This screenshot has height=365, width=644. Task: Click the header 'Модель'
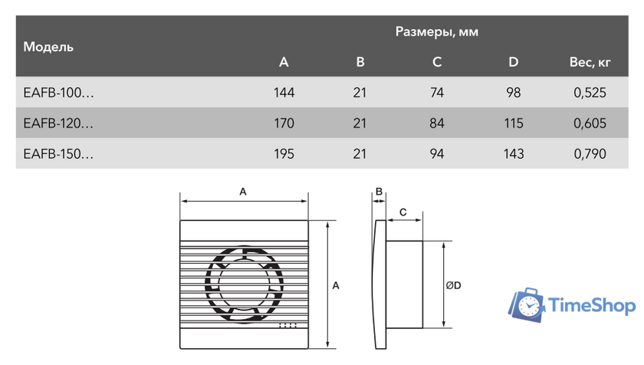pyautogui.click(x=48, y=47)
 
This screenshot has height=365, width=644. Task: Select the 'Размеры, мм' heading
pyautogui.click(x=437, y=32)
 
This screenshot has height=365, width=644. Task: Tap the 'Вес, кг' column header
pyautogui.click(x=589, y=62)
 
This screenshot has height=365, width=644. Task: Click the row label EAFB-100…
pyautogui.click(x=59, y=93)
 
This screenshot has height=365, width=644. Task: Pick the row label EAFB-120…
pyautogui.click(x=59, y=123)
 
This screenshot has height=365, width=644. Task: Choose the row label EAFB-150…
pyautogui.click(x=59, y=153)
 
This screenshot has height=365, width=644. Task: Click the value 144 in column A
pyautogui.click(x=284, y=93)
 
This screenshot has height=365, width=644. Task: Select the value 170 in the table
pyautogui.click(x=284, y=123)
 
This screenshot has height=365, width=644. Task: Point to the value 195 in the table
pyautogui.click(x=284, y=153)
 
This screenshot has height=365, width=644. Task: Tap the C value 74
pyautogui.click(x=437, y=93)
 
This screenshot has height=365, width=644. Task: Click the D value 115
pyautogui.click(x=514, y=123)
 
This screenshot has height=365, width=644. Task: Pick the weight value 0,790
pyautogui.click(x=589, y=153)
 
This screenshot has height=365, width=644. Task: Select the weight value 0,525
pyautogui.click(x=589, y=93)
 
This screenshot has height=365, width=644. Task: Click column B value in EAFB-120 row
pyautogui.click(x=360, y=123)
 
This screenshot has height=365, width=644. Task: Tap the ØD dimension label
pyautogui.click(x=453, y=285)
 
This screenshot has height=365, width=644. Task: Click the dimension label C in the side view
pyautogui.click(x=402, y=209)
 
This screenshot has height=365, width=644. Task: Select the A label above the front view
pyautogui.click(x=243, y=192)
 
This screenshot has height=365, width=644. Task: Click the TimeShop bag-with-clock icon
pyautogui.click(x=528, y=304)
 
